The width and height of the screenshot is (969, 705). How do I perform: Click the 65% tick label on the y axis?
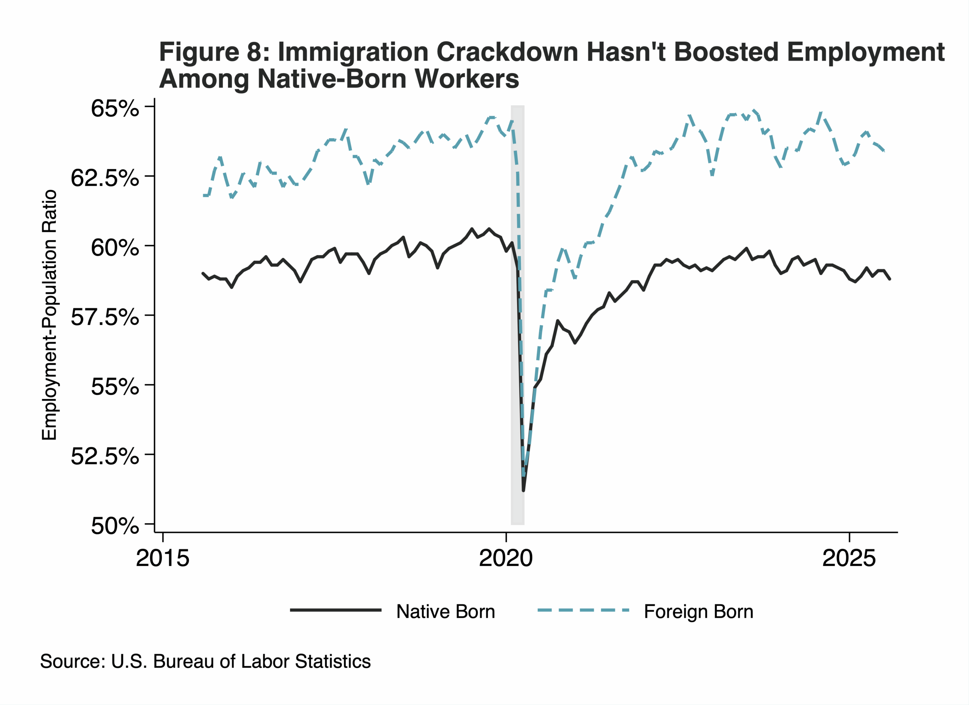(115, 109)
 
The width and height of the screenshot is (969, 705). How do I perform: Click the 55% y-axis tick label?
(115, 387)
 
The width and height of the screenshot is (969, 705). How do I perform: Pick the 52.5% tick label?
(105, 457)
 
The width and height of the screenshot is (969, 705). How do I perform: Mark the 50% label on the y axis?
(115, 526)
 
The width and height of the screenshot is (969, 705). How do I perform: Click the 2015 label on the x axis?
(162, 558)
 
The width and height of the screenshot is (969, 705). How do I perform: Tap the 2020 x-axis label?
(506, 558)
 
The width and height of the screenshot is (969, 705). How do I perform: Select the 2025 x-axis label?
(849, 558)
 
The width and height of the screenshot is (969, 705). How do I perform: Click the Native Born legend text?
(445, 612)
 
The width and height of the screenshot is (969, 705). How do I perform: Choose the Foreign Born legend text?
(698, 612)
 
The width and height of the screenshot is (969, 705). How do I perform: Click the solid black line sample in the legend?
(335, 610)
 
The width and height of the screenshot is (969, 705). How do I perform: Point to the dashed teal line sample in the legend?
(583, 610)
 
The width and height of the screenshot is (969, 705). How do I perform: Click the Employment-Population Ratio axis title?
(49, 315)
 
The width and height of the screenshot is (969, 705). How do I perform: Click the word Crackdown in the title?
(507, 52)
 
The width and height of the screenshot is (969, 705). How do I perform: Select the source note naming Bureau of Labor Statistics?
(205, 661)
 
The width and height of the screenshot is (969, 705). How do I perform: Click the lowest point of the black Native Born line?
(523, 491)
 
